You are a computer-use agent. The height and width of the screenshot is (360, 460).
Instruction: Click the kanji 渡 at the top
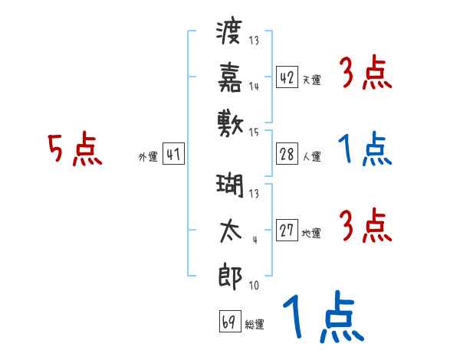(229, 31)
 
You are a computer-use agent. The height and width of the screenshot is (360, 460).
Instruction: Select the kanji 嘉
(230, 77)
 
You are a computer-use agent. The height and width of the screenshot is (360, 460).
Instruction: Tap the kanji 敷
(230, 124)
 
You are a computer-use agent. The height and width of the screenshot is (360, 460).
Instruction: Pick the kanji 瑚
(230, 185)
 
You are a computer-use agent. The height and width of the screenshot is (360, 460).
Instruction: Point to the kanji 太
(231, 231)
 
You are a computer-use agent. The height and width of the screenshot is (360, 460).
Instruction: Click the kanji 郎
(230, 277)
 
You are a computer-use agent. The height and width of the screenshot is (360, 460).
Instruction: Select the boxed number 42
(287, 77)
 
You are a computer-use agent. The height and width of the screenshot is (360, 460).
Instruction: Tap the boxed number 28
(287, 154)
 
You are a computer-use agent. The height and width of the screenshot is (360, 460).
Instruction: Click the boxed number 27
(287, 230)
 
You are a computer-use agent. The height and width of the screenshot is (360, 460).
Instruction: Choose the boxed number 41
(173, 153)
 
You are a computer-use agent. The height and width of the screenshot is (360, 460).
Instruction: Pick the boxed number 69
(230, 321)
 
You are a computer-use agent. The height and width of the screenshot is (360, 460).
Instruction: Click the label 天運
(312, 80)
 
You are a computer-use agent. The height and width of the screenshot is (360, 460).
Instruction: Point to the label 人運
(312, 156)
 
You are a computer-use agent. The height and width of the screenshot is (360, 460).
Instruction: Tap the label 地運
(311, 234)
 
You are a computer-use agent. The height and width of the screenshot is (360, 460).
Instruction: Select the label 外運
(148, 157)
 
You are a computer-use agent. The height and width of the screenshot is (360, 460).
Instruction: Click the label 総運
(255, 325)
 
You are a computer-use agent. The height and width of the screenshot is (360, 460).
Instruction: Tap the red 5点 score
(75, 149)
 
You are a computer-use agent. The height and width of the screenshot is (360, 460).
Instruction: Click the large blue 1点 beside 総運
(324, 316)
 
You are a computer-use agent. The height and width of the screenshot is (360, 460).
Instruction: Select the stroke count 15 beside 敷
(254, 133)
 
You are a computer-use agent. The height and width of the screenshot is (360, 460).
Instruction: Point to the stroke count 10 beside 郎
(254, 285)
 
